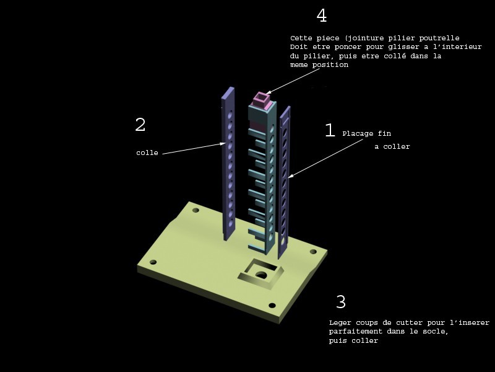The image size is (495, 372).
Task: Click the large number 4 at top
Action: [321, 15]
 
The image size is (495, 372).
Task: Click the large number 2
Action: [140, 125]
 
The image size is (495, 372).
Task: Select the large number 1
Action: [330, 130]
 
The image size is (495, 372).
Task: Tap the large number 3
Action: [341, 303]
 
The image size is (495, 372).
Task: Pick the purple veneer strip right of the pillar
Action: [284, 180]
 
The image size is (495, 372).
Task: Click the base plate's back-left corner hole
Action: [196, 210]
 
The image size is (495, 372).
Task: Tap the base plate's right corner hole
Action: [313, 252]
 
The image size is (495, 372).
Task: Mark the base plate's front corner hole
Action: [272, 305]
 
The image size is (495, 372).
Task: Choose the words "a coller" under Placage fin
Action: [392, 147]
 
